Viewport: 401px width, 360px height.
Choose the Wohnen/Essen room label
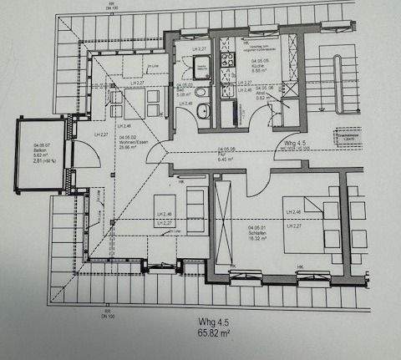tap(133, 142)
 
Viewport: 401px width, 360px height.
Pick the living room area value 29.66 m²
tap(131, 148)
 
